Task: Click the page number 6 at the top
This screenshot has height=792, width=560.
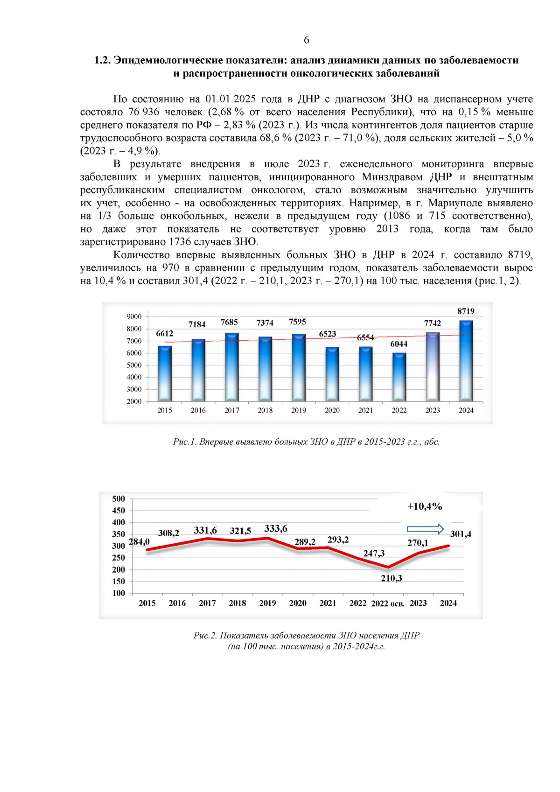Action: (x=306, y=40)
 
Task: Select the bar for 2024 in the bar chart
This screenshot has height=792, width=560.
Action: (x=466, y=360)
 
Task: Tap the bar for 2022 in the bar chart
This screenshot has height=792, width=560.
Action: (x=399, y=377)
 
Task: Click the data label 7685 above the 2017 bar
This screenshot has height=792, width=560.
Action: (x=229, y=322)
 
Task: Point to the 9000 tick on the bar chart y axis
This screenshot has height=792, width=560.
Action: (x=134, y=316)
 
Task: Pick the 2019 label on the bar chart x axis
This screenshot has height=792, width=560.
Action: (x=299, y=410)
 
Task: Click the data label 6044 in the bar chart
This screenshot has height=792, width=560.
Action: (x=399, y=343)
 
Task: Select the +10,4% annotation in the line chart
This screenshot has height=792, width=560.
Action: (x=424, y=506)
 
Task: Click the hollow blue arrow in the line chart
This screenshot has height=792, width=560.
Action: (x=425, y=529)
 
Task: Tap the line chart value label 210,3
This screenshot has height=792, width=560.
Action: (x=391, y=578)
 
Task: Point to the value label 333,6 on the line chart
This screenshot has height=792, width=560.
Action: (x=275, y=528)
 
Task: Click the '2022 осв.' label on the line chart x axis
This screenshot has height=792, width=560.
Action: (x=387, y=603)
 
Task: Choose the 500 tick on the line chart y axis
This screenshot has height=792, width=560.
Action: (x=119, y=498)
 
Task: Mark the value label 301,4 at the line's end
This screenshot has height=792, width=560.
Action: (x=460, y=534)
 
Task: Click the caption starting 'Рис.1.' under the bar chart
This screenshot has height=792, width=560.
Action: (x=306, y=442)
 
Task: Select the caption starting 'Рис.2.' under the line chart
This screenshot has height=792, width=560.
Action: (x=306, y=635)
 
